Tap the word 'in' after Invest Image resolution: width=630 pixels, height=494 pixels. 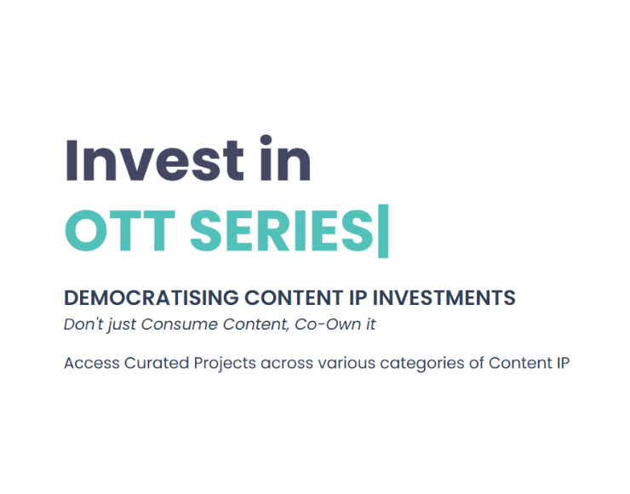(x=285, y=158)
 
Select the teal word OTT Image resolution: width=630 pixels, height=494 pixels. (x=120, y=231)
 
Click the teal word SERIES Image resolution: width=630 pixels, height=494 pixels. (x=282, y=231)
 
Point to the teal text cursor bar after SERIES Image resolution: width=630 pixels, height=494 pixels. (x=383, y=231)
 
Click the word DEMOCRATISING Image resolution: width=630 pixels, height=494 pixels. (x=151, y=298)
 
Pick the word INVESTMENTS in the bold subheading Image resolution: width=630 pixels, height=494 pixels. (x=444, y=298)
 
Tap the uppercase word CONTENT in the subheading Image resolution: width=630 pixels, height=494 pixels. (x=294, y=298)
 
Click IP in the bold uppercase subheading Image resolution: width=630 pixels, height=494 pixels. (x=358, y=298)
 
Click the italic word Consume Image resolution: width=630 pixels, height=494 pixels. (x=179, y=325)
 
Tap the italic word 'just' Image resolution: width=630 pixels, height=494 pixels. (x=122, y=325)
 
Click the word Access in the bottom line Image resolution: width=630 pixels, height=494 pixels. (x=92, y=363)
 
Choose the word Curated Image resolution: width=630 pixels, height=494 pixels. (x=157, y=363)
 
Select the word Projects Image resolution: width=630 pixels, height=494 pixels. (x=225, y=364)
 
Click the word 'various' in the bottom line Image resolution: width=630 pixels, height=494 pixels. (x=346, y=364)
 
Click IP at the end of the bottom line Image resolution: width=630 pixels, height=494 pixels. (x=563, y=363)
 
